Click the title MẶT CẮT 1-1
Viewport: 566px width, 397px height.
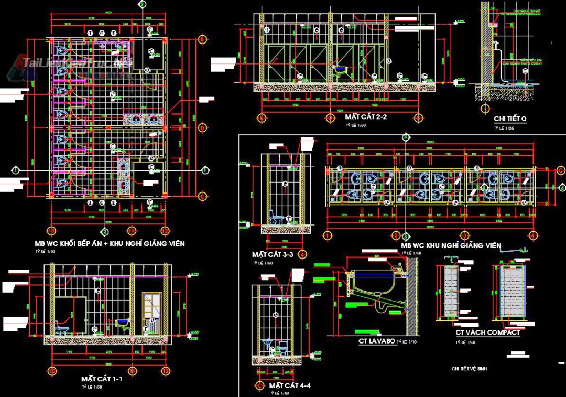(102, 379)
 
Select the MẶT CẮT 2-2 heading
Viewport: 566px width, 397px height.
(366, 117)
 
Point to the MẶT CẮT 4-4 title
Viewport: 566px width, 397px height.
(290, 385)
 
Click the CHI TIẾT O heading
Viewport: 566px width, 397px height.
(510, 119)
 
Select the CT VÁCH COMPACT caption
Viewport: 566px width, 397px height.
(487, 332)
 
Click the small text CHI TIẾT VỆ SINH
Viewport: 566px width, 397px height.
(470, 369)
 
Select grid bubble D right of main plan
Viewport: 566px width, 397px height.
(202, 127)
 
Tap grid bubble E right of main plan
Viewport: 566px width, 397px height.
(202, 196)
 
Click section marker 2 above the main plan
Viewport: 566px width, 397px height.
(142, 4)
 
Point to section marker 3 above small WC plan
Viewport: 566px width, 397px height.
(405, 137)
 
